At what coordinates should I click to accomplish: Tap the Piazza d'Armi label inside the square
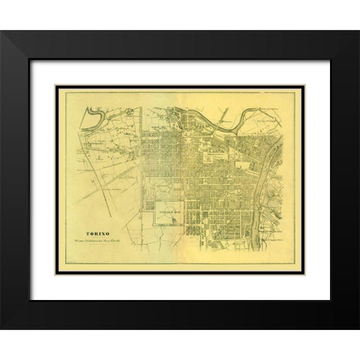tap(166, 212)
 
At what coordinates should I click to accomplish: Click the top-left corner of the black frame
tap(31, 31)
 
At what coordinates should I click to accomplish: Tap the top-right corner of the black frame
tap(328, 31)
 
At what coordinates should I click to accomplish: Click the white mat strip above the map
tap(180, 69)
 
